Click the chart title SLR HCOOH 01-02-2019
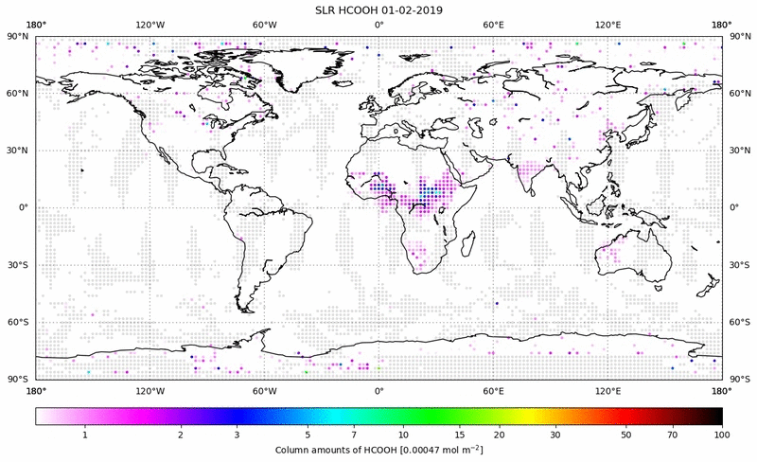(378, 9)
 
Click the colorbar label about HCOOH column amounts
(378, 450)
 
